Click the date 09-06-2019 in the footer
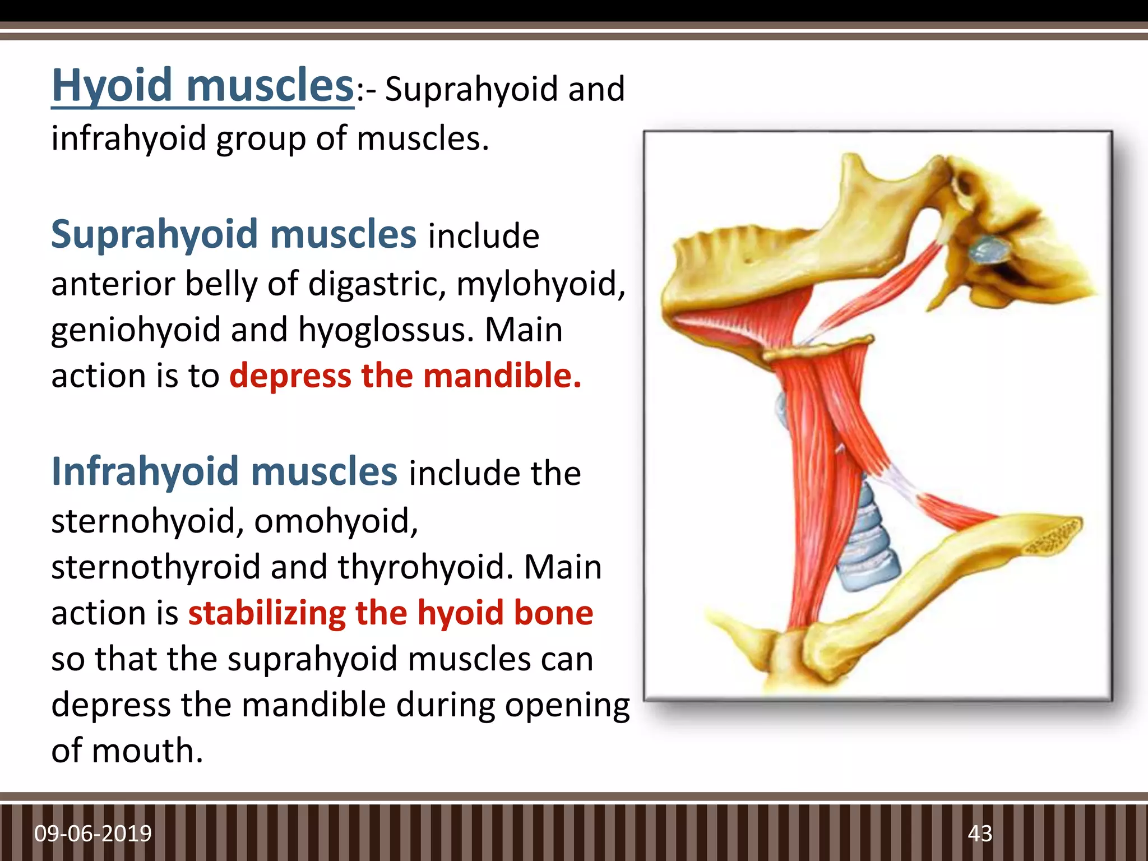click(93, 834)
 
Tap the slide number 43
click(980, 834)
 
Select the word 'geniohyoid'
click(136, 330)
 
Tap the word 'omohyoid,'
click(336, 521)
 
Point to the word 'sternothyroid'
click(156, 567)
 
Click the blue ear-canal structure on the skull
click(989, 249)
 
